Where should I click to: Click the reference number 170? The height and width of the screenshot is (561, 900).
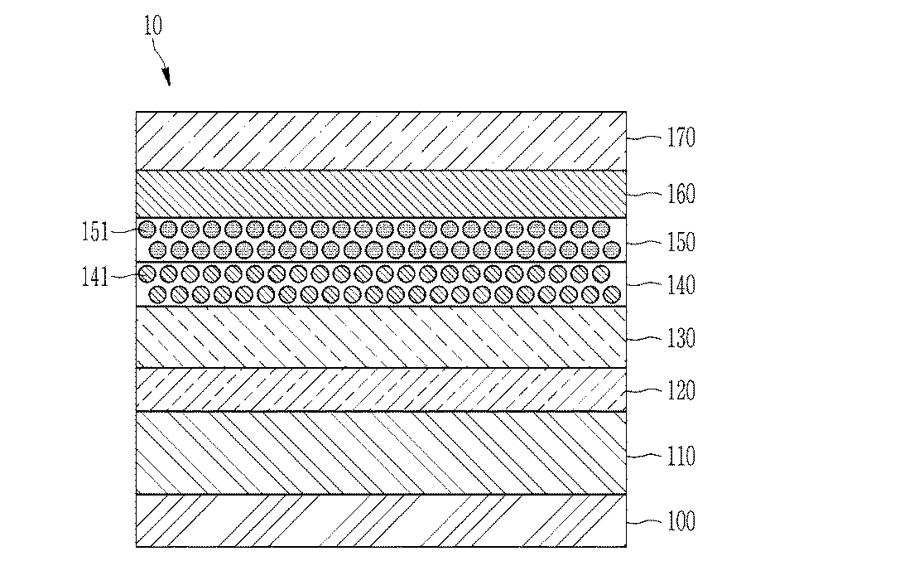(x=681, y=138)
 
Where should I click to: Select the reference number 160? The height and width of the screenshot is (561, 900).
(x=681, y=194)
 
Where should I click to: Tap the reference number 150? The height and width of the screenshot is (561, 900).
(x=681, y=242)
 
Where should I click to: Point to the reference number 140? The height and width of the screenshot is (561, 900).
(x=681, y=285)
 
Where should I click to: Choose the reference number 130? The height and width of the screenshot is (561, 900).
(x=681, y=338)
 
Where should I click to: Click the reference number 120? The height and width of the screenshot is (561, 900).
(x=681, y=390)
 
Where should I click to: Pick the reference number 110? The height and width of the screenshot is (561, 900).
(x=681, y=457)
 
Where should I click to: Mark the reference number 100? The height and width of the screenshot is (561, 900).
(x=681, y=521)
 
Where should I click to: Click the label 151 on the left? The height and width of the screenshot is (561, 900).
(x=94, y=232)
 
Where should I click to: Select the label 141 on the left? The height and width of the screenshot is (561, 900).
(x=94, y=278)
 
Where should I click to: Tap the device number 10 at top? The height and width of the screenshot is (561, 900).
(x=152, y=26)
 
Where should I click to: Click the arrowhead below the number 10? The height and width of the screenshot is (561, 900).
(x=166, y=77)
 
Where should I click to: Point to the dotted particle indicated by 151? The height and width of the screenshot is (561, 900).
(x=147, y=230)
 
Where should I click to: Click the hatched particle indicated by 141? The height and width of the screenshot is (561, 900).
(x=147, y=274)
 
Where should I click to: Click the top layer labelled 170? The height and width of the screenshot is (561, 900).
(x=381, y=141)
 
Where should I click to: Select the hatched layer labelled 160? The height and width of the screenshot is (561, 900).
(x=381, y=194)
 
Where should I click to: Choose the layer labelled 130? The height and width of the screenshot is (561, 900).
(x=381, y=337)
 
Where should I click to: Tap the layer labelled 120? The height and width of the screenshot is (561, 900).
(x=381, y=389)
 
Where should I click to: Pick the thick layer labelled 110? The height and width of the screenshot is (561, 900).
(x=381, y=453)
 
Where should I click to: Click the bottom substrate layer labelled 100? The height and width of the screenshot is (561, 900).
(x=381, y=520)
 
